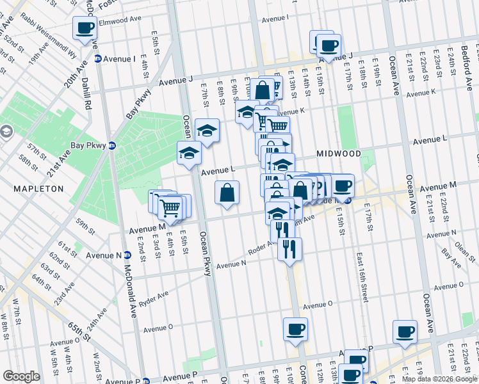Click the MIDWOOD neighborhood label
pyautogui.click(x=339, y=154)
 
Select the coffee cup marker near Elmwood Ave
pyautogui.click(x=84, y=28)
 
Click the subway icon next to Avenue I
pyautogui.click(x=98, y=59)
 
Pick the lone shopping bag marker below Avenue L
pyautogui.click(x=227, y=192)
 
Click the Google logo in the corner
pyautogui.click(x=21, y=376)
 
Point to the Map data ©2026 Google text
pyautogui.click(x=439, y=379)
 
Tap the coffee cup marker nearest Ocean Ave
pyautogui.click(x=405, y=332)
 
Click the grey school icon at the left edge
pyautogui.click(x=6, y=132)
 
